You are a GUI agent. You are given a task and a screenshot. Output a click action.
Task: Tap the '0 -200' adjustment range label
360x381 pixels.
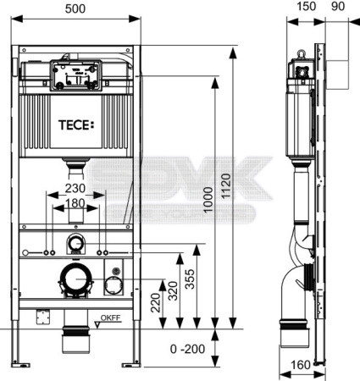point(186,349)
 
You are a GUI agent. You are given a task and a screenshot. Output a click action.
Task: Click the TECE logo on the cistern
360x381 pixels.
point(76,126)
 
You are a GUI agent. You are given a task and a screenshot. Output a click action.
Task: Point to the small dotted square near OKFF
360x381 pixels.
point(39,319)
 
